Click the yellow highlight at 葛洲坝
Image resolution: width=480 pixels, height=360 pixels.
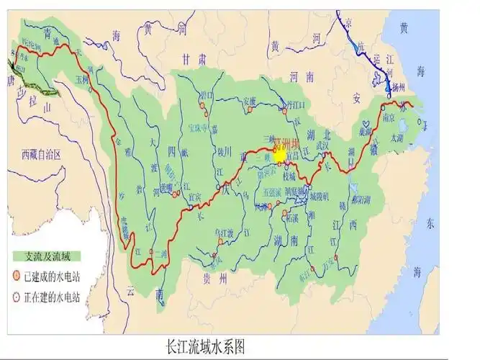(280, 155)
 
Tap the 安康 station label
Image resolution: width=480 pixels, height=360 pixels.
(250, 101)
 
